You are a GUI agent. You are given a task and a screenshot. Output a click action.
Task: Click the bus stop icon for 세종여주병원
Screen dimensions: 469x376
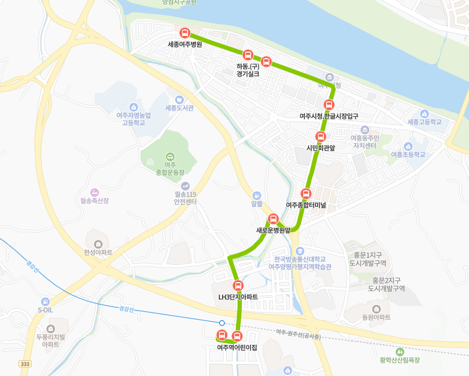coord(185,33)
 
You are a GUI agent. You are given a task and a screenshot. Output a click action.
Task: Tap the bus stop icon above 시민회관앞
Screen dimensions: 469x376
coord(321,136)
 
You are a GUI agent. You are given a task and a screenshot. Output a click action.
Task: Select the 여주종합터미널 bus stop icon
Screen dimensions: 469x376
coord(306,193)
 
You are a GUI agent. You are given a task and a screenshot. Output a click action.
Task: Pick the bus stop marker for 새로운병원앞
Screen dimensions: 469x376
coord(273,219)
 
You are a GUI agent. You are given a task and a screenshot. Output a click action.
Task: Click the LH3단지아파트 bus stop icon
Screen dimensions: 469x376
coord(237,286)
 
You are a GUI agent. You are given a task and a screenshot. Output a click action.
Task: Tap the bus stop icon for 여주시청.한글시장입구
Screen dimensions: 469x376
coord(329,105)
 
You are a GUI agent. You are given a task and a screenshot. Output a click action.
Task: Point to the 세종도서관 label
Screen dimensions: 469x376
coord(179,107)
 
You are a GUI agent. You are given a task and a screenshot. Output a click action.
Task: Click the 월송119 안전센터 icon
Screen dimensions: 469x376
coord(185,186)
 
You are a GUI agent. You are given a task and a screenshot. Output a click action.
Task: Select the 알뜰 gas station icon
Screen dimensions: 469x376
coord(257,195)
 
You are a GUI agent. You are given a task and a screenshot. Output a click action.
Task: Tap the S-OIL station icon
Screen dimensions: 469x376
coord(45,301)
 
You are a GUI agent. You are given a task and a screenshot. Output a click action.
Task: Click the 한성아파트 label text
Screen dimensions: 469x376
coord(98,253)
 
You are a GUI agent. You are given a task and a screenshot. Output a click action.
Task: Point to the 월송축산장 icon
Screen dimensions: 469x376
coord(95,192)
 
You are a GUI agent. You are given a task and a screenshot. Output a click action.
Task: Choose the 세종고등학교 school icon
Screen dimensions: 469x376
coord(424,114)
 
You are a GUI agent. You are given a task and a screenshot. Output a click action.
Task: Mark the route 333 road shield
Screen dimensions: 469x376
coord(24,364)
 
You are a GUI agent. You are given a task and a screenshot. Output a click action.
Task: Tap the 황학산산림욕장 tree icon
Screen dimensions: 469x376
coord(401,351)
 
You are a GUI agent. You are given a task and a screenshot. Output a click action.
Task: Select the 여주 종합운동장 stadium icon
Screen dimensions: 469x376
coord(170,156)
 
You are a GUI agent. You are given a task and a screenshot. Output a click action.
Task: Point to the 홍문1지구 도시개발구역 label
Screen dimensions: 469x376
coord(368,259)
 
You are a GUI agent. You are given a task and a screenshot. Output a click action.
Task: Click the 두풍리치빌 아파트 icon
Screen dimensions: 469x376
coord(51,328)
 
